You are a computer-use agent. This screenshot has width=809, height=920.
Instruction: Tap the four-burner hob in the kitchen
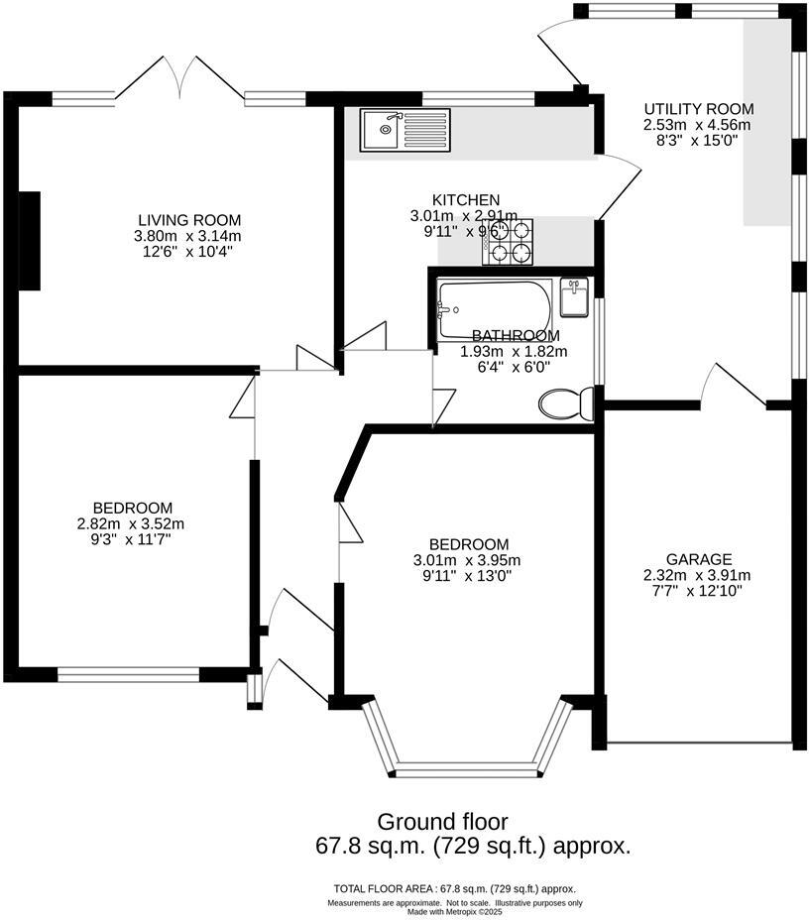coord(507,243)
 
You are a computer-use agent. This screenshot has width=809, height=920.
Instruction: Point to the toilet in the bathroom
coord(565,403)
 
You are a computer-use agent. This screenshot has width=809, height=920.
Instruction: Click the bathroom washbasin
coord(575,294)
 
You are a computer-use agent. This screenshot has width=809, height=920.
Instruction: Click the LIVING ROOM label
coord(188,220)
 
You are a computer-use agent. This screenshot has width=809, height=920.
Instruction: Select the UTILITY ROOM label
coord(698,109)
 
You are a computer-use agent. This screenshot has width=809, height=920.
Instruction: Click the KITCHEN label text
coord(465,200)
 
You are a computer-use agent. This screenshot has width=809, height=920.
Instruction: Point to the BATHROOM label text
coord(515,336)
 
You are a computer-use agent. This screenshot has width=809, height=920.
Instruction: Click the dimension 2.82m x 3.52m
coord(131,524)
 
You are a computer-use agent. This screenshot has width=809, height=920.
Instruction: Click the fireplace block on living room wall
coord(30,240)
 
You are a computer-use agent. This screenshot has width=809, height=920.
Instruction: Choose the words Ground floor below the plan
coord(442,822)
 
